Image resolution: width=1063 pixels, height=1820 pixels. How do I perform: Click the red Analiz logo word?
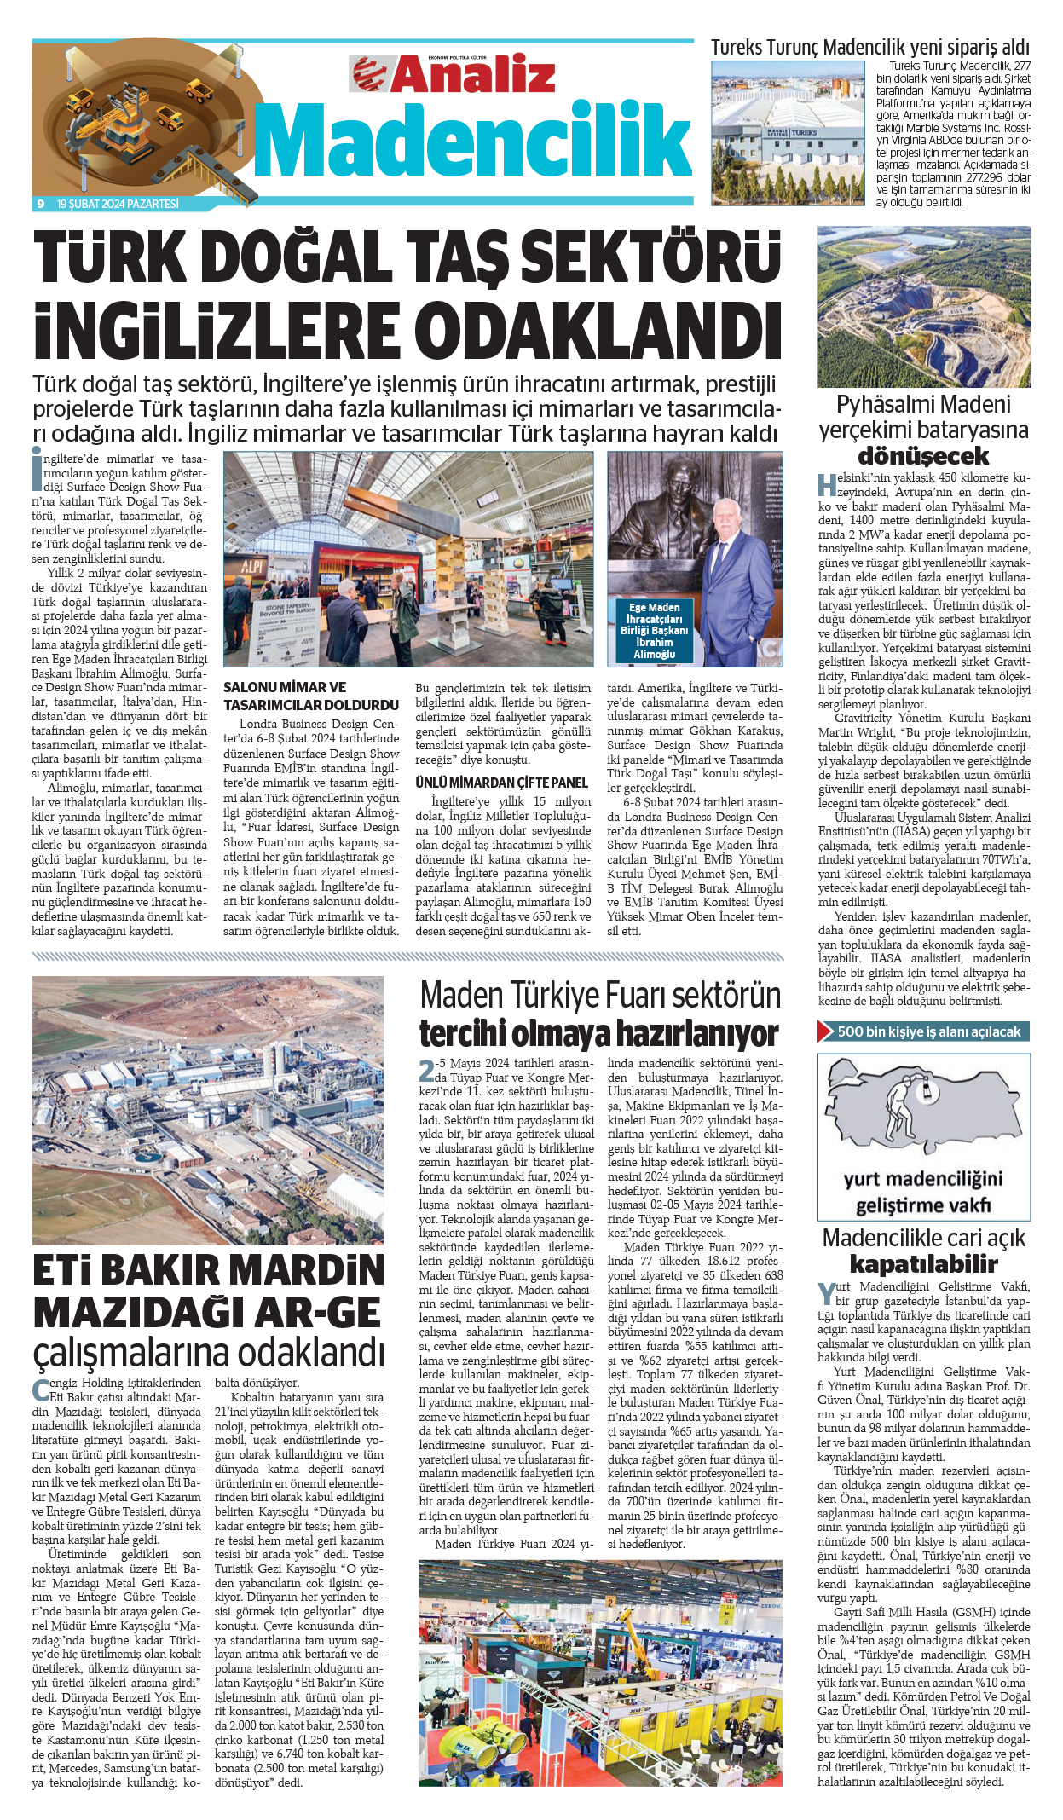click(473, 74)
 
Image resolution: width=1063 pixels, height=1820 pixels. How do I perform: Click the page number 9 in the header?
click(40, 204)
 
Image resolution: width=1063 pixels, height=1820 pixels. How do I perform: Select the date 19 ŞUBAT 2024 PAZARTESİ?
click(118, 204)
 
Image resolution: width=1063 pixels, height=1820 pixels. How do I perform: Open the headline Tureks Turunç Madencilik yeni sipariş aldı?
click(870, 48)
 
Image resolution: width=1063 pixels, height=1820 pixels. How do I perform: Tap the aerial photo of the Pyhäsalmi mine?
click(923, 306)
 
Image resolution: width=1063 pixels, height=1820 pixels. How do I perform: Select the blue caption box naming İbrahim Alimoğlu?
click(654, 631)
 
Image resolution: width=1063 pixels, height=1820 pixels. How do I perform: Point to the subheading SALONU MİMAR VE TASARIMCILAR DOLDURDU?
click(310, 696)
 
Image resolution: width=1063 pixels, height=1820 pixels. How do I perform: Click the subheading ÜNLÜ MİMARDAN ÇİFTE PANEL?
click(501, 783)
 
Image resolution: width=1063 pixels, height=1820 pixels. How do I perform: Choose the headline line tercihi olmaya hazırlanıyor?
click(598, 1033)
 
